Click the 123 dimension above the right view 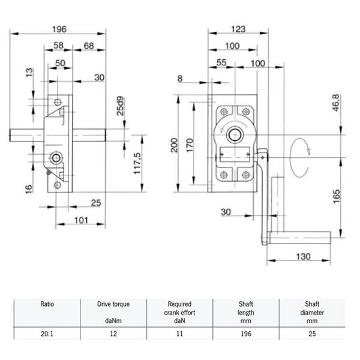pyautogui.click(x=237, y=28)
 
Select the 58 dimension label pyautogui.click(x=59, y=46)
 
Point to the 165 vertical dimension pyautogui.click(x=337, y=196)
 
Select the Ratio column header pyautogui.click(x=48, y=304)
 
